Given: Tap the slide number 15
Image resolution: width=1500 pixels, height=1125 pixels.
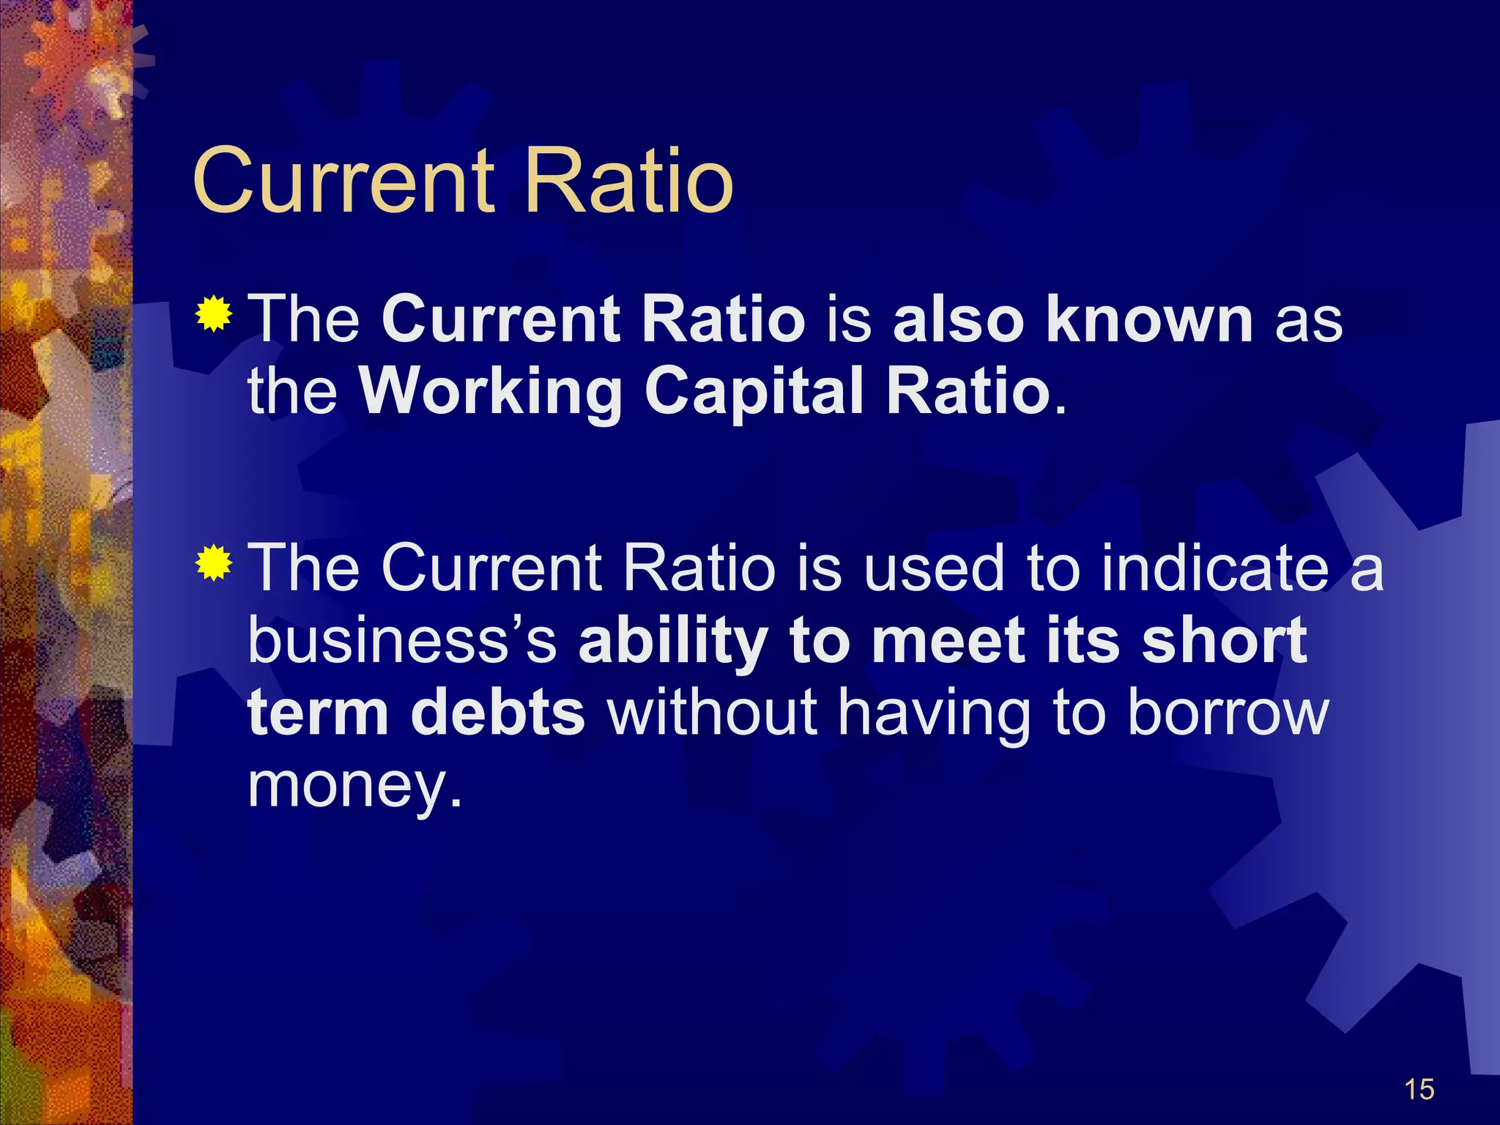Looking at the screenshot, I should [1419, 1090].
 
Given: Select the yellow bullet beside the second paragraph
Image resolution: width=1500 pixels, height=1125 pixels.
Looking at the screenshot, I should [214, 562].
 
